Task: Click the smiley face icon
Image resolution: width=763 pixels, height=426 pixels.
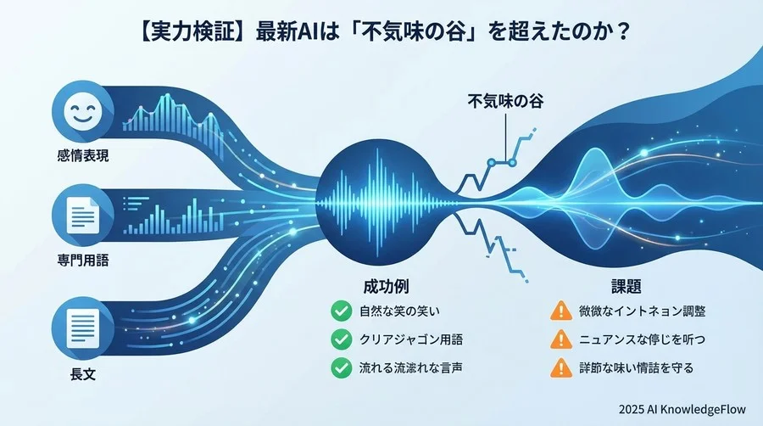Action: (x=82, y=115)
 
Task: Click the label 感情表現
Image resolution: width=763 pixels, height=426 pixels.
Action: (x=82, y=158)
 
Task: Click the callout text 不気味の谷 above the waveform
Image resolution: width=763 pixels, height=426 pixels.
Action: (x=505, y=100)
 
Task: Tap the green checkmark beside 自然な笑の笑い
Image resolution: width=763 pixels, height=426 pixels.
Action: (x=342, y=311)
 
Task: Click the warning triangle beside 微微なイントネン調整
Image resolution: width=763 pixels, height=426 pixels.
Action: (x=560, y=311)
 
